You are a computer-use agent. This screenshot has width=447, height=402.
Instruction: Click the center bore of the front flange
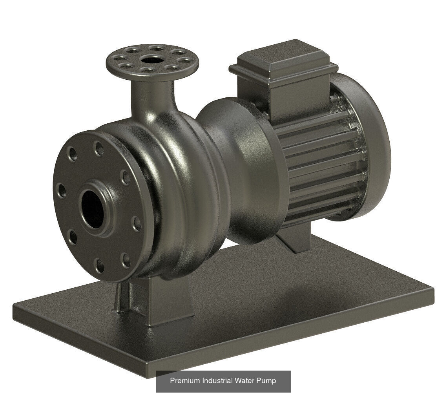tap(92, 208)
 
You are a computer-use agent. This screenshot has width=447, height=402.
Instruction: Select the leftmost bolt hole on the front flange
tap(62, 190)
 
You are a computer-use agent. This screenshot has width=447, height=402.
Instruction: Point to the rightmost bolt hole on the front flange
tap(137, 223)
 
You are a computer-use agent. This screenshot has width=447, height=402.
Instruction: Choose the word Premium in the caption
tap(185, 380)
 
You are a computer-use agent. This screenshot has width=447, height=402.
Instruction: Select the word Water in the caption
tap(244, 380)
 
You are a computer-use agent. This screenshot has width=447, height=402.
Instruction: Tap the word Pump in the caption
tap(266, 380)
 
